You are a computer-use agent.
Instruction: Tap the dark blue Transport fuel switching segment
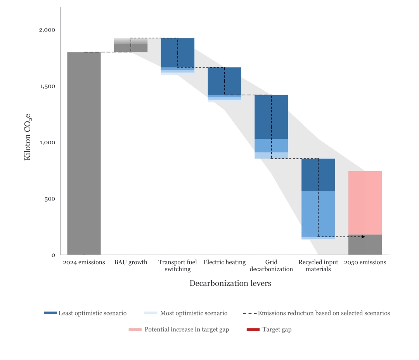click(178, 52)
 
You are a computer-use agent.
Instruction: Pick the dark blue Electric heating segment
click(224, 81)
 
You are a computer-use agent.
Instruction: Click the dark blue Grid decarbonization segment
click(271, 116)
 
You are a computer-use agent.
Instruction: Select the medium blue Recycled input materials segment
click(318, 213)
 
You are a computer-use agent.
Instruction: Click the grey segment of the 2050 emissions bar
click(365, 245)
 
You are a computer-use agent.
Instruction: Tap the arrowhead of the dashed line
click(363, 237)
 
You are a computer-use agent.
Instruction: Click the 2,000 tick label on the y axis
click(47, 30)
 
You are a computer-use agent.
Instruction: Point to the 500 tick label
click(50, 199)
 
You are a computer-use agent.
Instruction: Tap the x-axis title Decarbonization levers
click(230, 283)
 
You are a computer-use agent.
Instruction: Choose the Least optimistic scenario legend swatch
click(50, 313)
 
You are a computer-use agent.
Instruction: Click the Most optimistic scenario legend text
click(194, 313)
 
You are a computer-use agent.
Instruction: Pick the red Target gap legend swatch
click(253, 330)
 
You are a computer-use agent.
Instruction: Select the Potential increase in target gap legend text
click(187, 330)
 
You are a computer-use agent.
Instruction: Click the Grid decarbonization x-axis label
click(271, 266)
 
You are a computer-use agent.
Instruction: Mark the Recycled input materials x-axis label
click(318, 266)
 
